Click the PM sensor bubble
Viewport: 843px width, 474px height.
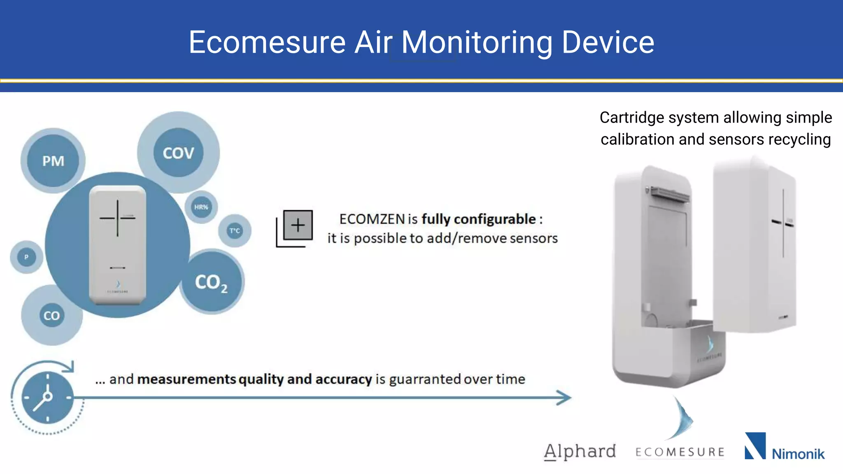click(53, 161)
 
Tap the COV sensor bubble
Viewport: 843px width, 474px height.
click(178, 153)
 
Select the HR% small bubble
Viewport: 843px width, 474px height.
click(201, 207)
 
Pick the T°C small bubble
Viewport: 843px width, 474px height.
click(235, 231)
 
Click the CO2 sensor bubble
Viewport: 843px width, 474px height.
click(212, 282)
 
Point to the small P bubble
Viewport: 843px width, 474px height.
click(26, 257)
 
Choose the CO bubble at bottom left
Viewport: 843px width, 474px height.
click(52, 316)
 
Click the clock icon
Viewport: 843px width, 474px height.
click(47, 397)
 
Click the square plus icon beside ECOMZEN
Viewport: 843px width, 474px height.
click(297, 225)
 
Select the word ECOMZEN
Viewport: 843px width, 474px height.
click(372, 219)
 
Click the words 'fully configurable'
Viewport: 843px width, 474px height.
click(479, 219)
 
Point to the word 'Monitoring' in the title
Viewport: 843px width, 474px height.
click(477, 42)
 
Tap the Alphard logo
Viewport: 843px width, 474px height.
click(580, 451)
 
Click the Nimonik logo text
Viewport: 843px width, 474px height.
click(798, 454)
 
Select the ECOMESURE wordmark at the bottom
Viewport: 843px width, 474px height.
click(680, 452)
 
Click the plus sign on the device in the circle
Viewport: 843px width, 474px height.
click(117, 218)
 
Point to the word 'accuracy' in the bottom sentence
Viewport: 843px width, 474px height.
click(344, 379)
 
